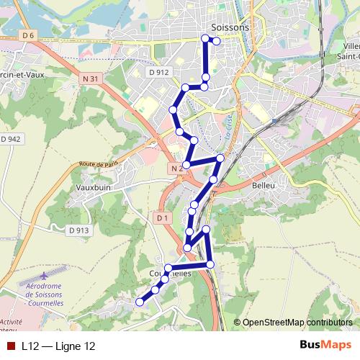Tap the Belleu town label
(x=264, y=185)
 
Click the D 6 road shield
(x=28, y=35)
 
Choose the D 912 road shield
(x=161, y=72)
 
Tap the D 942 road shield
(x=11, y=139)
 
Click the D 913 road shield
(x=79, y=230)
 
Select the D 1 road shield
(x=161, y=217)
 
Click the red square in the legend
(x=11, y=346)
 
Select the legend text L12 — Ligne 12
(x=58, y=346)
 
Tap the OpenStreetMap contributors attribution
(x=298, y=322)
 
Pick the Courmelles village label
(x=171, y=274)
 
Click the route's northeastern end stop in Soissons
(x=216, y=41)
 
